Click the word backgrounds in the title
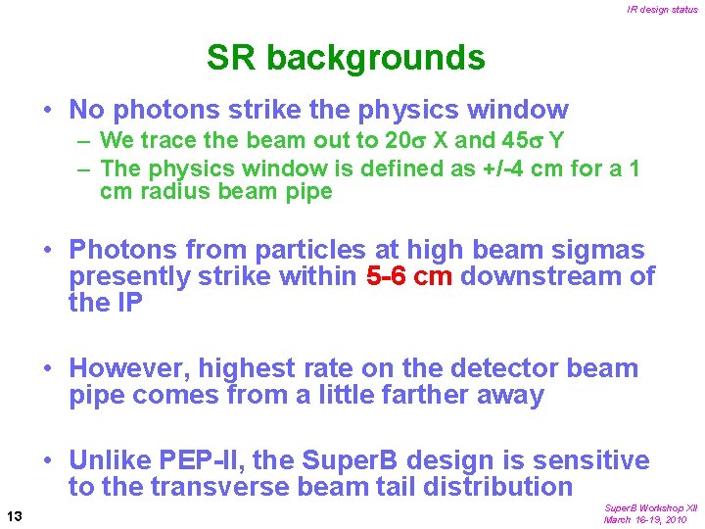point(375,59)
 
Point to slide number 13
point(15,515)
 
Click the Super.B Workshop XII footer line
point(650,508)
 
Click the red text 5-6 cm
point(408,277)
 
